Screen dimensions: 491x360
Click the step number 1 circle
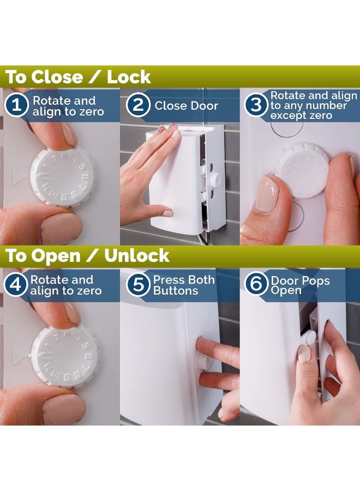17,105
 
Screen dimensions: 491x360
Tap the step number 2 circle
138,105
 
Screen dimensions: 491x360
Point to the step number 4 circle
16,285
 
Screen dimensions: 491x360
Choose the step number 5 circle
139,285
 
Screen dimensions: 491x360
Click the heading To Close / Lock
78,77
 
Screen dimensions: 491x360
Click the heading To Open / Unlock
88,256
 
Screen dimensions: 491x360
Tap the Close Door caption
186,106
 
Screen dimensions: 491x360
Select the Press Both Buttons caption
183,285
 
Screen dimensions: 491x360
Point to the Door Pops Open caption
300,285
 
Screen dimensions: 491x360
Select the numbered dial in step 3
302,170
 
